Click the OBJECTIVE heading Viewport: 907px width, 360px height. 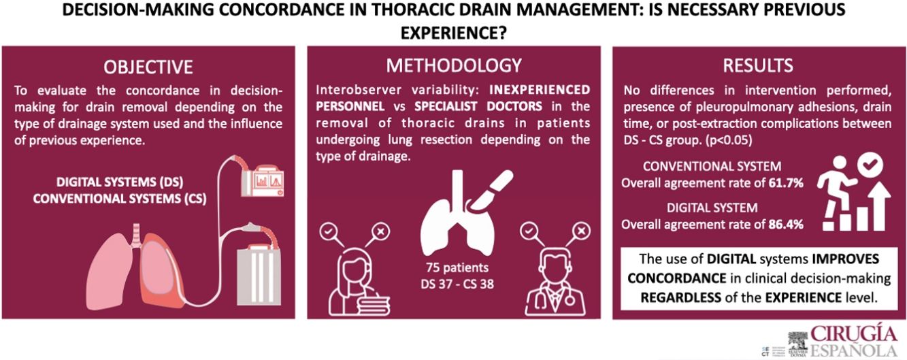click(148, 67)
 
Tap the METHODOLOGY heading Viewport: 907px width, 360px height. click(454, 65)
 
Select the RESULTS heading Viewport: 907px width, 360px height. click(759, 65)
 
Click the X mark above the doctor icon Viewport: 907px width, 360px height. click(580, 232)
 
